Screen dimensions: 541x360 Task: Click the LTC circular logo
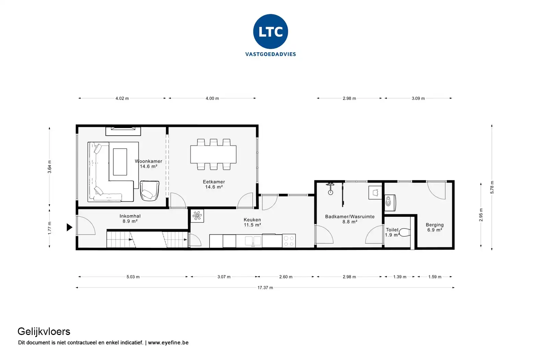click(270, 32)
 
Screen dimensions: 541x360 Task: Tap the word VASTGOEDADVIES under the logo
click(270, 54)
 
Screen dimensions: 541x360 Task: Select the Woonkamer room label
click(148, 161)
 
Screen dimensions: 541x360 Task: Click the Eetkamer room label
click(214, 182)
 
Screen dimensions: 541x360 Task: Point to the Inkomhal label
click(130, 216)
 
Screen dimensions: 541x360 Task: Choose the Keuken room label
click(252, 220)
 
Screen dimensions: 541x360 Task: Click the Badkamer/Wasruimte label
click(350, 216)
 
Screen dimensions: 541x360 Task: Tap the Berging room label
click(434, 225)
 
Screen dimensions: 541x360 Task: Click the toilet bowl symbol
click(405, 232)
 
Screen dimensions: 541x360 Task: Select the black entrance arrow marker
click(69, 227)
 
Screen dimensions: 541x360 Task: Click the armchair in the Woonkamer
click(149, 191)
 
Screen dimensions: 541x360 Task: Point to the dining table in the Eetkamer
click(213, 154)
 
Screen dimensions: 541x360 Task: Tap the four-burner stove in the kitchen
click(289, 241)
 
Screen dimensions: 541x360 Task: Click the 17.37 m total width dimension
click(265, 288)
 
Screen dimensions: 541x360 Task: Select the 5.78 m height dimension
click(492, 187)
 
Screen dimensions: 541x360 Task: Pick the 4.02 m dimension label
click(122, 98)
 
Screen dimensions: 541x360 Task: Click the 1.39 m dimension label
click(400, 277)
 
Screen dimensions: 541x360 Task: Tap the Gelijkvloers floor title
click(44, 332)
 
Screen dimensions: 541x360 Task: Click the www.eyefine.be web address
click(168, 343)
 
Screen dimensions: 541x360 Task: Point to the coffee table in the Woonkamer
click(120, 162)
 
